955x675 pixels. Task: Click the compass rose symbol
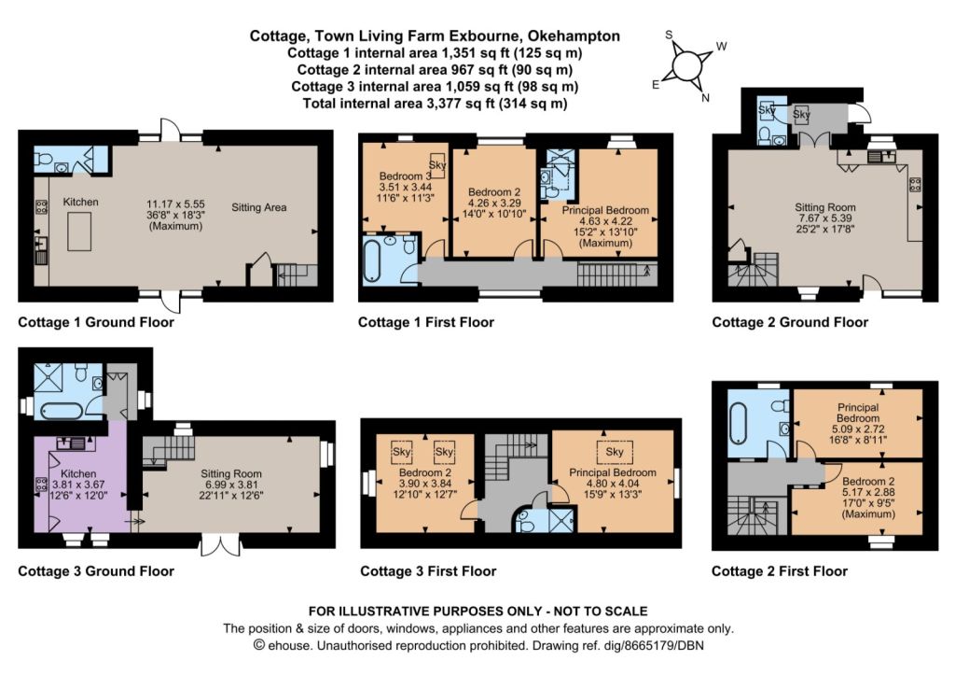(687, 65)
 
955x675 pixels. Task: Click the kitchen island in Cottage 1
(79, 232)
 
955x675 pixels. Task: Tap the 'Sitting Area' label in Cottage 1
(259, 207)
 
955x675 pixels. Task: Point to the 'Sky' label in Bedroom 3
(437, 164)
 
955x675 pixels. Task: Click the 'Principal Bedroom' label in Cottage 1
(604, 210)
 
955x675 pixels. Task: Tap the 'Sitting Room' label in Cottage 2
(824, 207)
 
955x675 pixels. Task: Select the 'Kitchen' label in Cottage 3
(78, 473)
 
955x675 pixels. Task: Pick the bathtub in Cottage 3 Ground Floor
(61, 411)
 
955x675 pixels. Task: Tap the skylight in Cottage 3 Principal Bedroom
(614, 451)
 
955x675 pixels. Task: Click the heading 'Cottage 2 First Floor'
(779, 571)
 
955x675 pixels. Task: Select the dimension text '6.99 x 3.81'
(231, 485)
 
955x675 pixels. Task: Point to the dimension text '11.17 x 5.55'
(175, 204)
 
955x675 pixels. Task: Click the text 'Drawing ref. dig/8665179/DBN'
(617, 645)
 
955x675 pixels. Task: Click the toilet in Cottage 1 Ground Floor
(43, 160)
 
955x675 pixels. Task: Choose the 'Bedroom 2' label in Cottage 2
(868, 482)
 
